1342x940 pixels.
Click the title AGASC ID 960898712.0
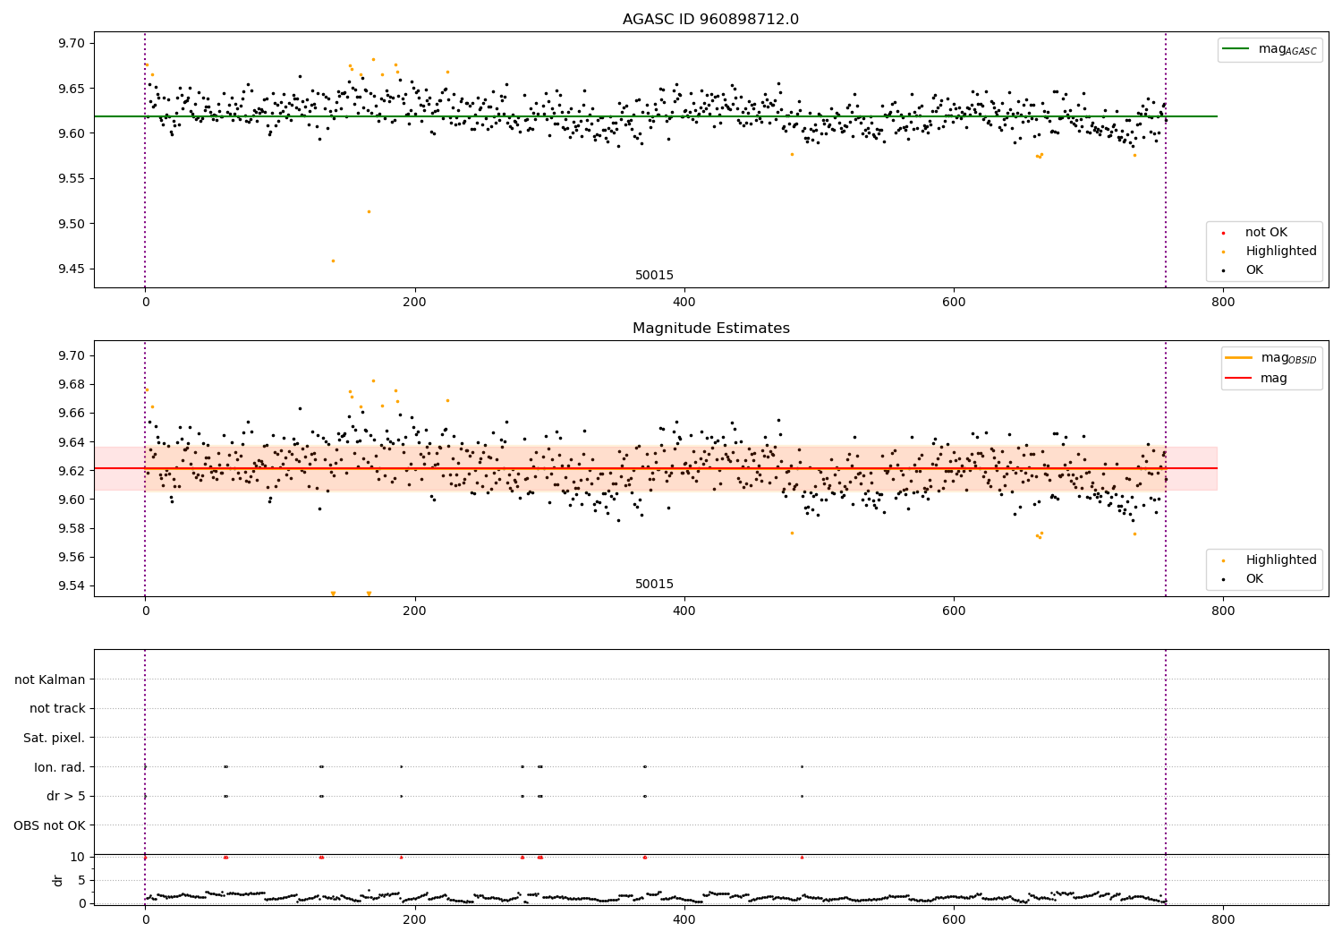click(x=710, y=20)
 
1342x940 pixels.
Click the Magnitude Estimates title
click(x=710, y=329)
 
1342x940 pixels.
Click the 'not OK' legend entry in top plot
click(x=1266, y=233)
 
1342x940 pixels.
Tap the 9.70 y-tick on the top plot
click(x=72, y=44)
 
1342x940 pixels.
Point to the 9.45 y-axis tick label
click(x=72, y=269)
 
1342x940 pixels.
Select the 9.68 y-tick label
click(x=72, y=384)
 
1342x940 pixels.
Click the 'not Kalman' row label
click(x=50, y=679)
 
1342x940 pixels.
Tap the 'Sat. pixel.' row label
click(x=54, y=738)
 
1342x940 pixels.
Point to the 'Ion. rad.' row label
click(x=59, y=767)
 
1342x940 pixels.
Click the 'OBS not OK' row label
click(x=49, y=825)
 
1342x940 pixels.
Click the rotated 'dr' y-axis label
click(x=58, y=880)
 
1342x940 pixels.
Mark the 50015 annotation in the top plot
click(x=654, y=276)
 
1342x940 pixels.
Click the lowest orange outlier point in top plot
click(x=333, y=261)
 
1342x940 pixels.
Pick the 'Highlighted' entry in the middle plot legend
click(x=1280, y=560)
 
